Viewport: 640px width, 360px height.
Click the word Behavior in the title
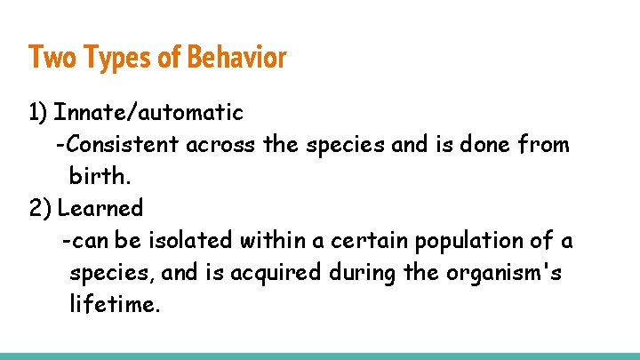[x=236, y=58]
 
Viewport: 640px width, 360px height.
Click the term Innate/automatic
[x=148, y=113]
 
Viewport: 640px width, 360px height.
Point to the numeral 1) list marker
[x=38, y=113]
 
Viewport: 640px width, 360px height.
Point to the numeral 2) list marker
[x=40, y=209]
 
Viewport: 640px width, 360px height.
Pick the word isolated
[x=193, y=241]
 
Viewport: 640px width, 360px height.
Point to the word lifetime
[x=115, y=305]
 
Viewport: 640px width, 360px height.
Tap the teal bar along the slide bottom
[x=320, y=356]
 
